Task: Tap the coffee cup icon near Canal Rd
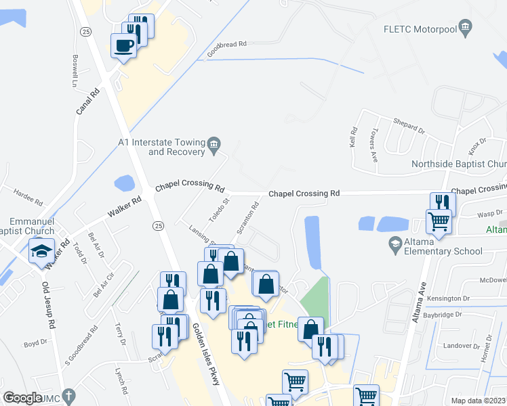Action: pyautogui.click(x=124, y=46)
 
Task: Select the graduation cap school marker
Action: pyautogui.click(x=41, y=251)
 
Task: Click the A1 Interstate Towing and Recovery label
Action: pyautogui.click(x=161, y=147)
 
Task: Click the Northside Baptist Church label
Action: pyautogui.click(x=459, y=164)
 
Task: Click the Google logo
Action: pyautogui.click(x=22, y=398)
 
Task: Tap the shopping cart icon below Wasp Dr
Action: pyautogui.click(x=439, y=220)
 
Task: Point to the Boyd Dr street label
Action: pyautogui.click(x=35, y=344)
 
